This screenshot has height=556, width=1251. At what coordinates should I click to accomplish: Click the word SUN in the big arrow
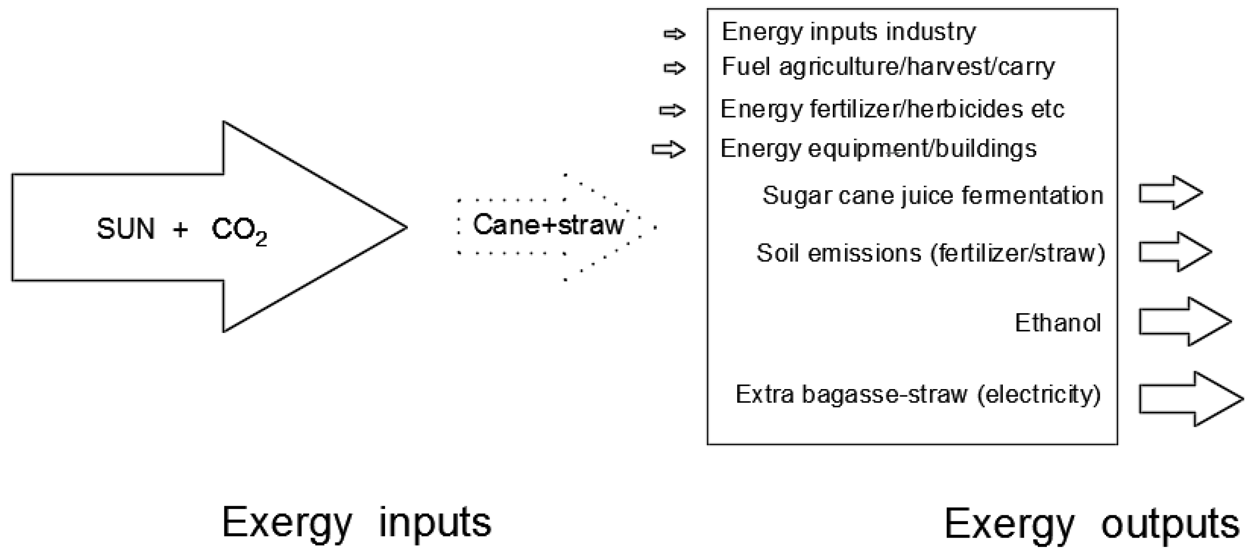[x=126, y=229]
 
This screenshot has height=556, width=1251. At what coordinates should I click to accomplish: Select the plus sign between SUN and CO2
[x=180, y=229]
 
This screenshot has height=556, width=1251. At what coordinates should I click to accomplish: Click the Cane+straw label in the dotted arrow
[x=548, y=225]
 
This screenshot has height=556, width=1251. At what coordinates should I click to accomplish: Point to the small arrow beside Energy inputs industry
[x=674, y=34]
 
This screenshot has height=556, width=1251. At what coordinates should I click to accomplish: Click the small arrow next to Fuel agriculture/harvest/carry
[x=674, y=68]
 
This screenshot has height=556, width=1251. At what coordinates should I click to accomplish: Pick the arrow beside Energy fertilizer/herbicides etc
[x=672, y=110]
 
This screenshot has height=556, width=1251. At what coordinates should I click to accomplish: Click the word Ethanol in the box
[x=1058, y=323]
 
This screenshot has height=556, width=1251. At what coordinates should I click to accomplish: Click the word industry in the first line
[x=931, y=33]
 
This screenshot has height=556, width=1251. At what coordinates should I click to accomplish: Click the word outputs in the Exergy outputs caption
[x=1170, y=525]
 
